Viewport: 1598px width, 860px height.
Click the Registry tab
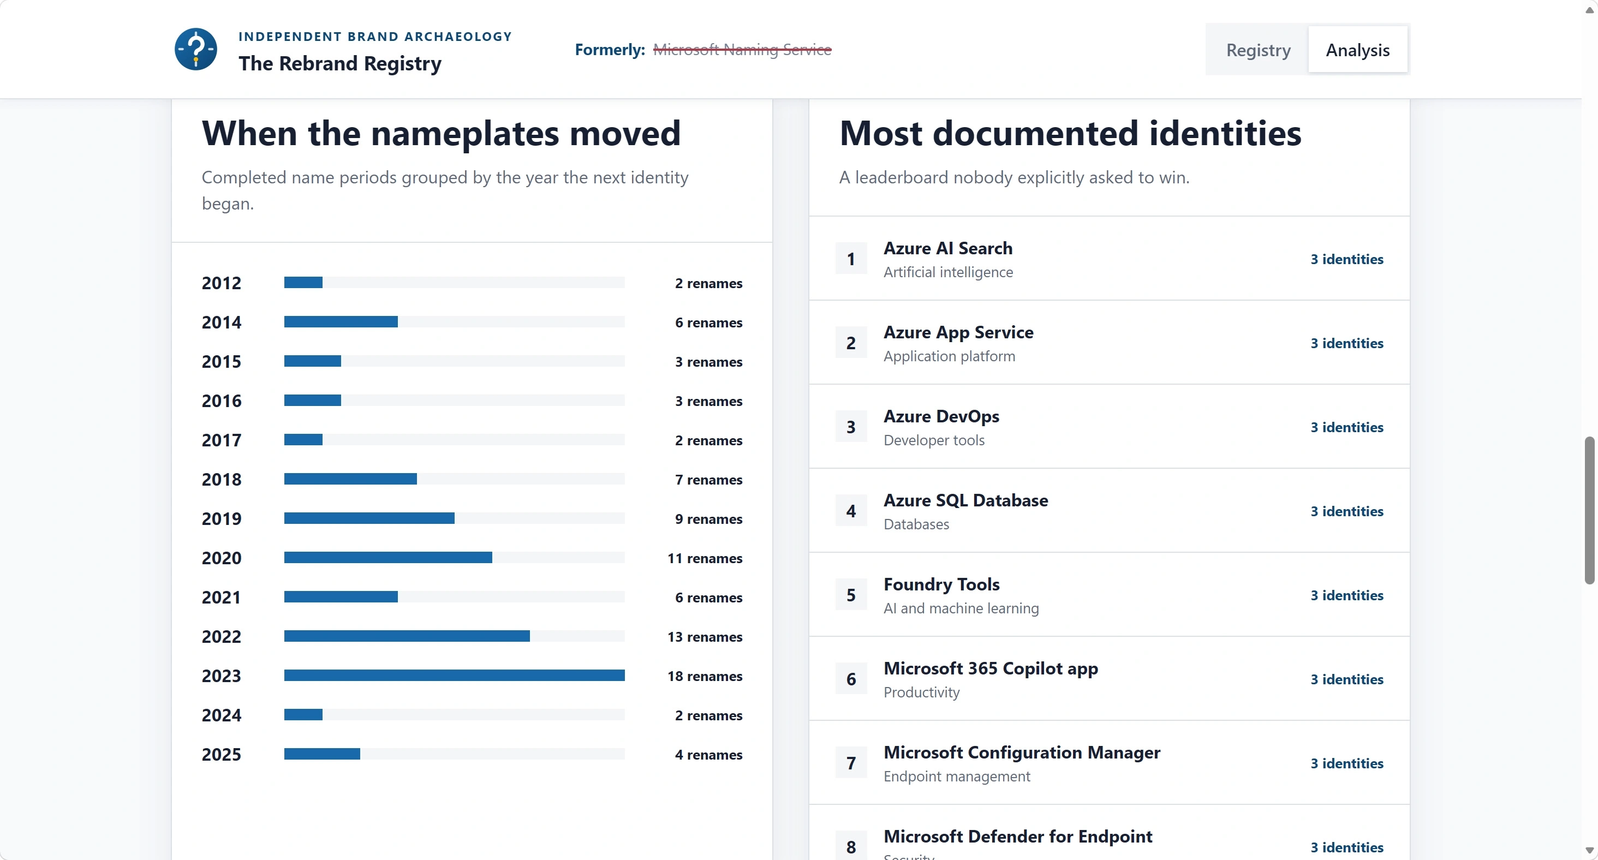point(1258,50)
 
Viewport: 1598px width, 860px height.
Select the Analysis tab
point(1357,50)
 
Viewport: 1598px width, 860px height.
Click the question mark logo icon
point(196,49)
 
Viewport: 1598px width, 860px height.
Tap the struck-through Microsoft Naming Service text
point(742,50)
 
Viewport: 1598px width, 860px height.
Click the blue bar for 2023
point(454,675)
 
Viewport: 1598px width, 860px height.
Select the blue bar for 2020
point(387,558)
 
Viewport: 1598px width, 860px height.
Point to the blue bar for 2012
point(303,282)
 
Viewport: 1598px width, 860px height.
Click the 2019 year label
point(222,518)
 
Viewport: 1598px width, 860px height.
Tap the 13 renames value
point(705,637)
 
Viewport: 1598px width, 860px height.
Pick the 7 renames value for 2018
point(708,479)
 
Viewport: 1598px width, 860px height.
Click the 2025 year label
point(222,755)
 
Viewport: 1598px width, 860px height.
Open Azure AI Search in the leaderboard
point(948,248)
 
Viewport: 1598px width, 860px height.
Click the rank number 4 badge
point(851,511)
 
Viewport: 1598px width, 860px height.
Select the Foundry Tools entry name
point(941,584)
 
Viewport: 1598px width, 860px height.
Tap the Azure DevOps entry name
point(941,416)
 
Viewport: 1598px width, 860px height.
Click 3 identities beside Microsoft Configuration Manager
point(1347,763)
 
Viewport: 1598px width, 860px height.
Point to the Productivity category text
point(921,692)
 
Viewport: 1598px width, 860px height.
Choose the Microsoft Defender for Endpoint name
point(1018,837)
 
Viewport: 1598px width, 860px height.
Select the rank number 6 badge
point(851,679)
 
